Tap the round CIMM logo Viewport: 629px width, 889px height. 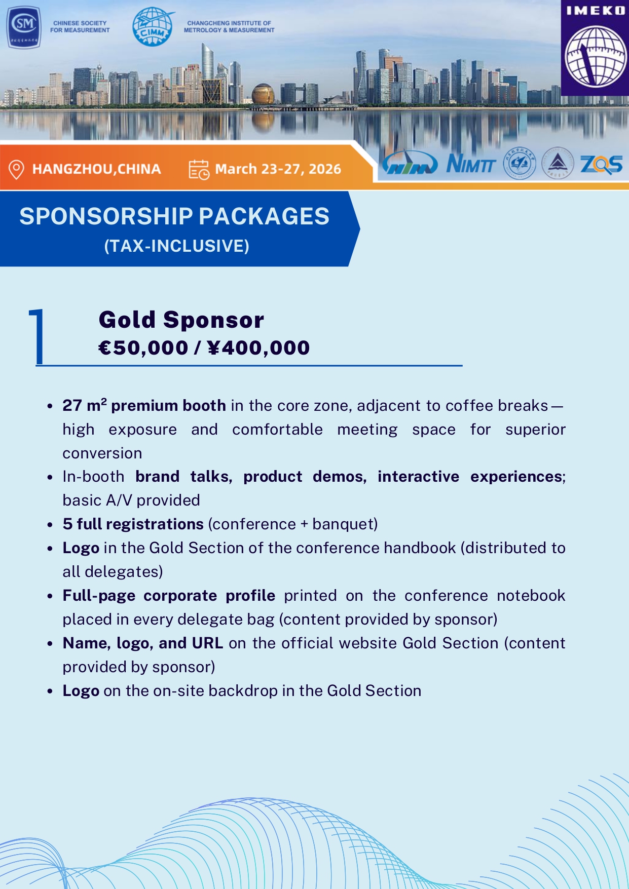click(x=153, y=27)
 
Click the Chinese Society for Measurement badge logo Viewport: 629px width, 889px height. click(x=24, y=27)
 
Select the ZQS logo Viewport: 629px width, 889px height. click(x=601, y=164)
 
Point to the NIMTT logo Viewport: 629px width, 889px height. click(x=471, y=164)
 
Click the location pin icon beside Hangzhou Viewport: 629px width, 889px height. click(x=16, y=169)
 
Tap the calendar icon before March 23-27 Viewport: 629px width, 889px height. click(x=199, y=170)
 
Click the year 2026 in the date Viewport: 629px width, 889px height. click(x=325, y=169)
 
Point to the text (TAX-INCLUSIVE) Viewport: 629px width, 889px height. click(x=176, y=246)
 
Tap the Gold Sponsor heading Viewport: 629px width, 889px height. click(x=181, y=320)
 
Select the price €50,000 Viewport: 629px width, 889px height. click(x=143, y=348)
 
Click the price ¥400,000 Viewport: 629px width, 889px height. click(x=258, y=348)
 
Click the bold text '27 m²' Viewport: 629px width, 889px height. click(x=84, y=405)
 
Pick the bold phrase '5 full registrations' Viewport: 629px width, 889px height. click(x=133, y=524)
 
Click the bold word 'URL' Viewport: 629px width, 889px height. click(x=207, y=643)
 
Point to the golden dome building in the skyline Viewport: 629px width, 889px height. click(x=263, y=94)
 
